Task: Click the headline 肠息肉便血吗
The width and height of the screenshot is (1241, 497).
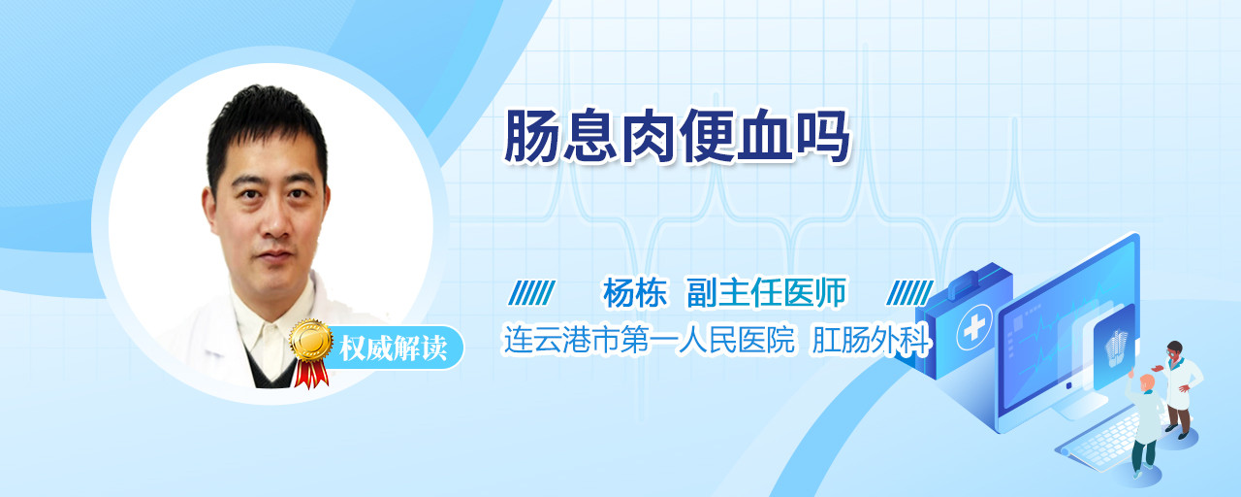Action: pyautogui.click(x=677, y=137)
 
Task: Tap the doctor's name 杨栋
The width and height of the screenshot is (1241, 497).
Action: pyautogui.click(x=635, y=293)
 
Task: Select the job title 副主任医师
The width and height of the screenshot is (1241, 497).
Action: pyautogui.click(x=766, y=292)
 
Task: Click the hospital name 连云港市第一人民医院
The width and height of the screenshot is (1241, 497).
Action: pyautogui.click(x=649, y=339)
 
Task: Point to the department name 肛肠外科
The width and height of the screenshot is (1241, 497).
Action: pyautogui.click(x=871, y=340)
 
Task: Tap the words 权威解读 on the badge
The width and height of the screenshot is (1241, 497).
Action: pyautogui.click(x=393, y=348)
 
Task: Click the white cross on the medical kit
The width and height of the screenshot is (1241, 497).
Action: pyautogui.click(x=973, y=327)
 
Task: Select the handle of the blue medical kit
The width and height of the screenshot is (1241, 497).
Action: pyautogui.click(x=967, y=282)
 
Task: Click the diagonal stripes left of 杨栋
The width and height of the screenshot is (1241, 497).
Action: pyautogui.click(x=531, y=293)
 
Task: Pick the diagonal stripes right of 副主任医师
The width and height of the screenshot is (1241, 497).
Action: pyautogui.click(x=909, y=293)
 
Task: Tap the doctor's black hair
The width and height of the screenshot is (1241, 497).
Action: pyautogui.click(x=266, y=127)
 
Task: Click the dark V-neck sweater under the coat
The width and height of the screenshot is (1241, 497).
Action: pyautogui.click(x=271, y=372)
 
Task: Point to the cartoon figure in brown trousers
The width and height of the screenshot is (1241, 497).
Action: pyautogui.click(x=1179, y=389)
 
